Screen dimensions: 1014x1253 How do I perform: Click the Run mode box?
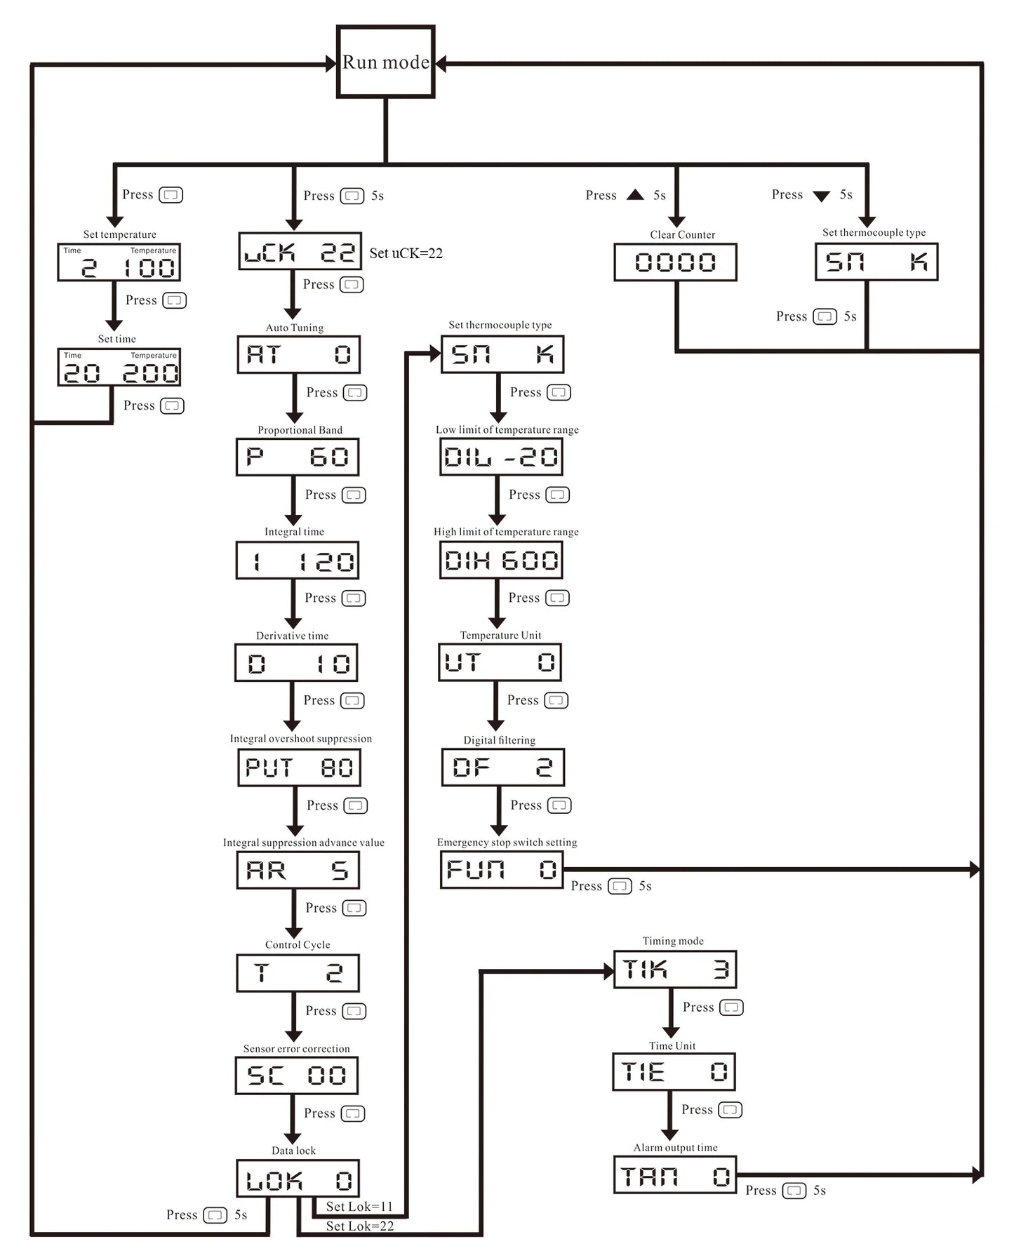(386, 62)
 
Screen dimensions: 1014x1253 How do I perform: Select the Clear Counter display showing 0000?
(675, 262)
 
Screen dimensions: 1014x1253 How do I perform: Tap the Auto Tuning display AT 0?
(299, 354)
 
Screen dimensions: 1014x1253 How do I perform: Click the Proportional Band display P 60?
(298, 457)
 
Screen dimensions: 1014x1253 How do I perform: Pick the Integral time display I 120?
(298, 560)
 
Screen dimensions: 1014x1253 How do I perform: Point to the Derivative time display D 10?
(296, 663)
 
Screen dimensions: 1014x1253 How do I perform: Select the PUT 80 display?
(300, 768)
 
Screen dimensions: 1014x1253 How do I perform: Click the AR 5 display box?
(298, 870)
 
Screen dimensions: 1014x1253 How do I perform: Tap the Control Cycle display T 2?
(298, 973)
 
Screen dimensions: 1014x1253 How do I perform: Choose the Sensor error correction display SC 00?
(297, 1076)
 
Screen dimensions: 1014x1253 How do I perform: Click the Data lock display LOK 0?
(298, 1179)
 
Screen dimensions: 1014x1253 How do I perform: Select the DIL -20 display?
(501, 457)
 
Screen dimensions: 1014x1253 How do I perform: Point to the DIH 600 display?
(501, 560)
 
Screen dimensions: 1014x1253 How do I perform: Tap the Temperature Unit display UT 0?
(500, 662)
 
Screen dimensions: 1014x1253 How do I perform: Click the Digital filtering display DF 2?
(503, 767)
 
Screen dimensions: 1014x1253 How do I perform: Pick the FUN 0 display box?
(502, 870)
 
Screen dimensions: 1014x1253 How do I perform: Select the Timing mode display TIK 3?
(675, 970)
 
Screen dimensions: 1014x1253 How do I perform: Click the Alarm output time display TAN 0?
(675, 1175)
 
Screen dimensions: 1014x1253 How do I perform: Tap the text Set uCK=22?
(406, 253)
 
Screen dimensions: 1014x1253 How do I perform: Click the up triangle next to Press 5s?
(635, 194)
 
